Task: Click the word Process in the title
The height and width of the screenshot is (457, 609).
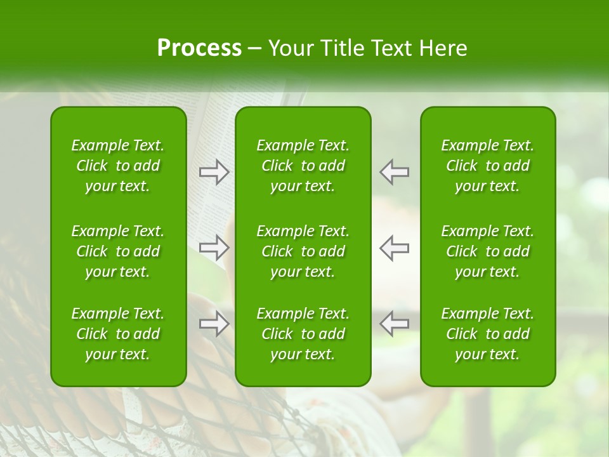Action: [199, 48]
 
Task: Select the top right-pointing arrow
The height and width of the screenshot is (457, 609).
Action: [214, 171]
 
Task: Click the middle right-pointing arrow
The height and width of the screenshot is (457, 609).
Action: [214, 248]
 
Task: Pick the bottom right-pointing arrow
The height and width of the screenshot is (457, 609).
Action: [214, 324]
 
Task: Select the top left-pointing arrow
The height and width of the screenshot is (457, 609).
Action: [395, 171]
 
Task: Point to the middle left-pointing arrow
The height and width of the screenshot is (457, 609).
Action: [395, 248]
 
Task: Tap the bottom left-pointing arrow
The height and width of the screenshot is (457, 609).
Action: [395, 324]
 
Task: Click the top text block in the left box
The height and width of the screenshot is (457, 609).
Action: [118, 166]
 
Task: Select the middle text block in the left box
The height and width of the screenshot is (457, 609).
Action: [118, 251]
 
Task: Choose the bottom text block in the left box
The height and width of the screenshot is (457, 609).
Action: [118, 334]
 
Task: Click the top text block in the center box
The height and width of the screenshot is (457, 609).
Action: [303, 166]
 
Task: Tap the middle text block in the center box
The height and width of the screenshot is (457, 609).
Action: [303, 251]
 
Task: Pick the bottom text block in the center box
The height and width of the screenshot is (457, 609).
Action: [303, 334]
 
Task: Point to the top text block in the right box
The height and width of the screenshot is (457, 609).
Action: [488, 166]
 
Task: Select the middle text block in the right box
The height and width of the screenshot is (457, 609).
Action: [488, 251]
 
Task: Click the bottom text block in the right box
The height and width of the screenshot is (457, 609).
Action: [488, 334]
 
